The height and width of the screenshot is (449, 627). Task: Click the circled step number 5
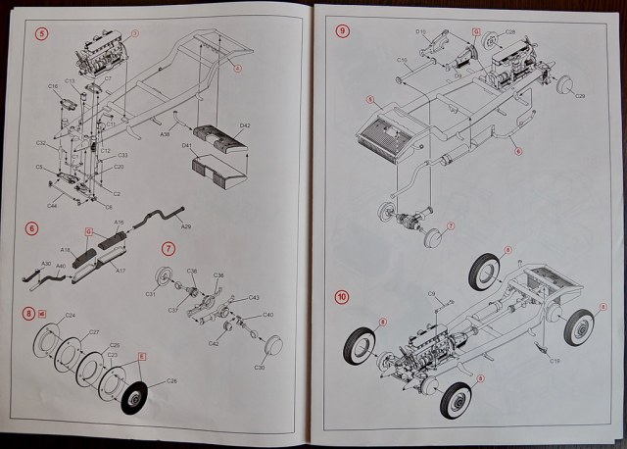pos(41,33)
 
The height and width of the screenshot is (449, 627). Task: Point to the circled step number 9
pos(342,30)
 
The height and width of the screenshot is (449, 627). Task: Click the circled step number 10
pos(340,296)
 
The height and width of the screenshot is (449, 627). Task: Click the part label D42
pos(245,125)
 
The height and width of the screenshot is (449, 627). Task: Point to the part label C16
pos(52,86)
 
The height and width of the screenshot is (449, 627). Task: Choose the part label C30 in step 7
pos(260,368)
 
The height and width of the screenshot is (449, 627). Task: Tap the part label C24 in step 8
pos(70,315)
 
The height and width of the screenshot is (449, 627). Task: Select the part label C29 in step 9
pos(580,96)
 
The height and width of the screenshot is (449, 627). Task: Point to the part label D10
pos(419,32)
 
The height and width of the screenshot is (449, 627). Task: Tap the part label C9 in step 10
pos(431,294)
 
